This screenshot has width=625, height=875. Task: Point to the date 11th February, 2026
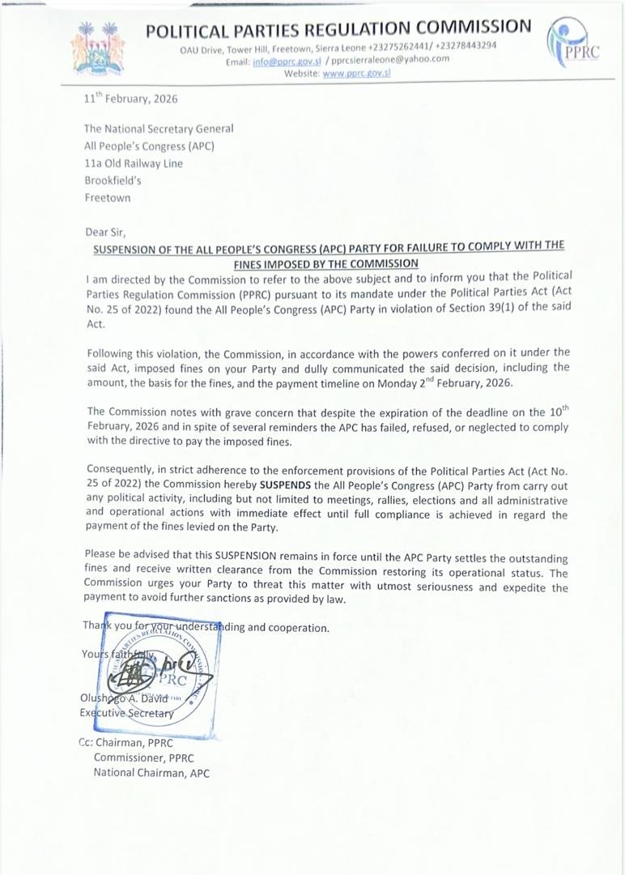click(130, 99)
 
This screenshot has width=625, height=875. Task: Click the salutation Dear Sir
click(105, 232)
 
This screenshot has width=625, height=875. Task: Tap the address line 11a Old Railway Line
click(134, 163)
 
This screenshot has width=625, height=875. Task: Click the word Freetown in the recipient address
click(107, 198)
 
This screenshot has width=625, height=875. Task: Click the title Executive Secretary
click(126, 713)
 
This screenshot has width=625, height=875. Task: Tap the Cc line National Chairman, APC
click(151, 773)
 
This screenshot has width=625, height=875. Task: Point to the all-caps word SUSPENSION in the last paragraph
click(239, 558)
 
